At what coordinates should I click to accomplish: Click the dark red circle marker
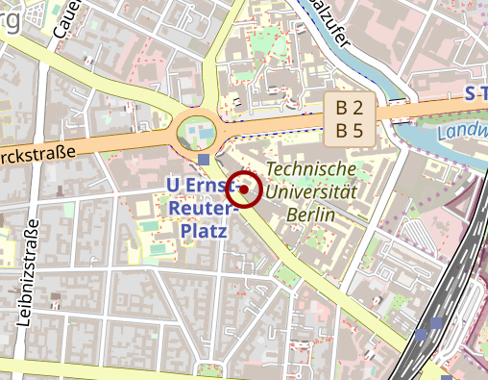pos(246,190)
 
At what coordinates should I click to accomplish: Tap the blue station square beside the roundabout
pos(204,159)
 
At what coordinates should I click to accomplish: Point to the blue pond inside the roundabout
pos(197,129)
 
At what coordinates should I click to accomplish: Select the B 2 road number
pos(349,108)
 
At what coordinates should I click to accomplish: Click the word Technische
pos(310,169)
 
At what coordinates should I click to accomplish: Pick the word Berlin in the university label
pos(310,215)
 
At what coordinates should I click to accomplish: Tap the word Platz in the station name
pos(203,231)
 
